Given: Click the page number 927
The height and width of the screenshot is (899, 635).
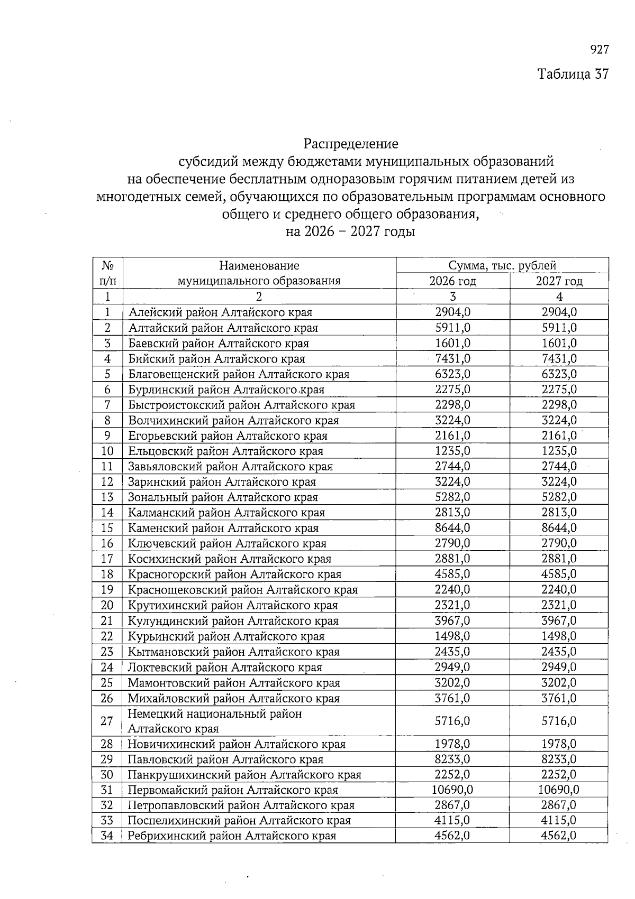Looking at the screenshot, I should (x=599, y=50).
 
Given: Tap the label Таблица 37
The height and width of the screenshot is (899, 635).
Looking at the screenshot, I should (x=573, y=73).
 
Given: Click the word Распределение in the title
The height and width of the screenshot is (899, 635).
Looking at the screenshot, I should (x=350, y=143).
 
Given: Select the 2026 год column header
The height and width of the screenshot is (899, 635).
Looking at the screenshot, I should (x=452, y=281).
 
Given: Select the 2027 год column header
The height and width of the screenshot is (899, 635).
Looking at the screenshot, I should (x=559, y=281).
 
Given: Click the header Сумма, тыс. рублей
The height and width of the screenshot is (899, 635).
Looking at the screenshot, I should (x=502, y=265).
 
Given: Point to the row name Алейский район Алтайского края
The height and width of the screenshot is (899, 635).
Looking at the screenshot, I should (x=220, y=312).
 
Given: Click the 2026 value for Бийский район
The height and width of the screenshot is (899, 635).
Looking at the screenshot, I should (x=452, y=359).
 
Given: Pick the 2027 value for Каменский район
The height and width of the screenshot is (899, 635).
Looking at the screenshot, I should (x=559, y=528).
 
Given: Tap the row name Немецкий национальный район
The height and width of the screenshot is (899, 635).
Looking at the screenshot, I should (x=215, y=714).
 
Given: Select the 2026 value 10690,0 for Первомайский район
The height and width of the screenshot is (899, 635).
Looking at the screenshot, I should (x=452, y=790).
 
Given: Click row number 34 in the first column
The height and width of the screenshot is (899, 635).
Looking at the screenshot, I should (x=107, y=836).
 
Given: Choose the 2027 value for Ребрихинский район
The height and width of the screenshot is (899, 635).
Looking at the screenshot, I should (x=559, y=836).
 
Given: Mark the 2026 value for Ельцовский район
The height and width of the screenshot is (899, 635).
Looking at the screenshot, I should (x=452, y=451).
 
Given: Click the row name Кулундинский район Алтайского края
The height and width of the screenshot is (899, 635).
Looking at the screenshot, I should (x=233, y=621).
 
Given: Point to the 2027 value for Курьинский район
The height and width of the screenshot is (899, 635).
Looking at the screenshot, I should (x=559, y=636).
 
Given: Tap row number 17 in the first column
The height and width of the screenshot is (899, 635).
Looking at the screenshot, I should (x=107, y=559).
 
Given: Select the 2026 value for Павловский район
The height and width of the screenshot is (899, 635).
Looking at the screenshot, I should (x=452, y=759).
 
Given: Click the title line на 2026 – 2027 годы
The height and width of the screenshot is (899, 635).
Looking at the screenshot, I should (x=350, y=231).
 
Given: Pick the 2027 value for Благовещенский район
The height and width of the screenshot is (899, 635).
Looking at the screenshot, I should (x=559, y=374).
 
